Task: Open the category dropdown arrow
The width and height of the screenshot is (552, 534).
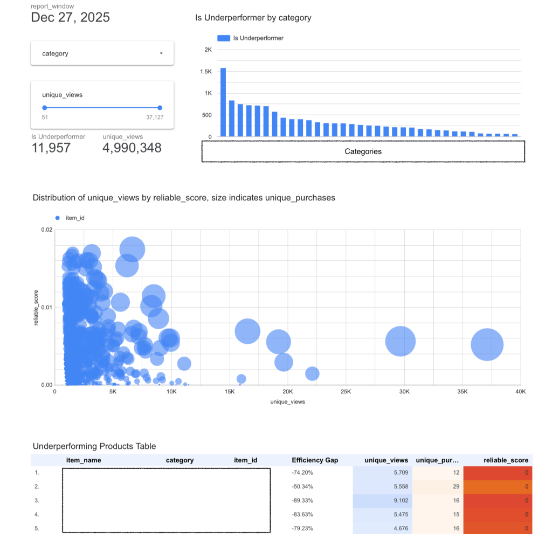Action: [x=161, y=53]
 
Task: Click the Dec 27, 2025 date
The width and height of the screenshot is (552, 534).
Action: [x=70, y=17]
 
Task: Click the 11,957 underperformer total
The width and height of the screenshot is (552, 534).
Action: [x=51, y=148]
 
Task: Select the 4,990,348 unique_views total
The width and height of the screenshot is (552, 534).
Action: [x=132, y=148]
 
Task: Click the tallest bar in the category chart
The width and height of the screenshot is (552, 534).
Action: [x=223, y=102]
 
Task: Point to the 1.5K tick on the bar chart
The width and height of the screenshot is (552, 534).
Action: [x=207, y=72]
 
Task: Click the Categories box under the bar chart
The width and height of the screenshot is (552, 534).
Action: [x=363, y=151]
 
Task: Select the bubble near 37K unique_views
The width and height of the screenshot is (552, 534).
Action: [x=487, y=344]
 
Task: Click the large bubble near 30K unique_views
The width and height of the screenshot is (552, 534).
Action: [x=400, y=341]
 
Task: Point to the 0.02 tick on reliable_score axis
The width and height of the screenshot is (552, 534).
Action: [x=47, y=230]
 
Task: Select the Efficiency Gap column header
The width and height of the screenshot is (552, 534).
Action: [x=315, y=460]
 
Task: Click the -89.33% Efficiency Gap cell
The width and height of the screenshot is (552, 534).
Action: [x=302, y=500]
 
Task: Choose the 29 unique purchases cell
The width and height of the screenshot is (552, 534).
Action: [x=456, y=487]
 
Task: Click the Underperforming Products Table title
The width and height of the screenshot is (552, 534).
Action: [x=94, y=446]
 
